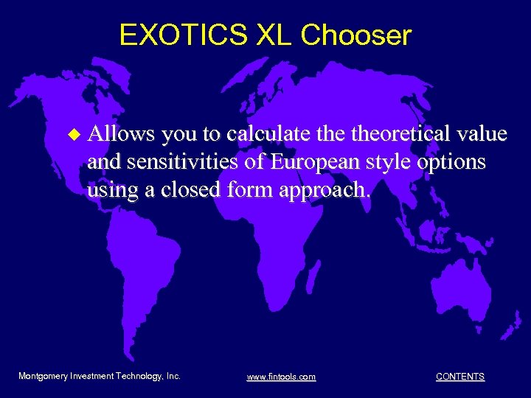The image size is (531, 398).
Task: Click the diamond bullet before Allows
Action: pos(72,135)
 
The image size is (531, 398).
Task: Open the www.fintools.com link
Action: pos(281,377)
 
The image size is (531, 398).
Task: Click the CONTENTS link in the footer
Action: pos(460,377)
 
